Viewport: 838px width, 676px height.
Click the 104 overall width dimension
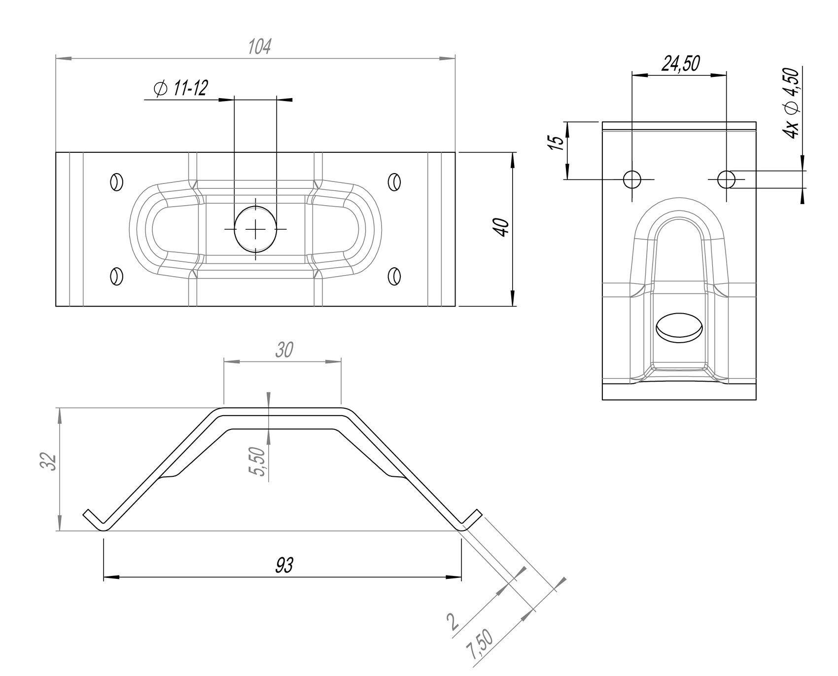point(259,47)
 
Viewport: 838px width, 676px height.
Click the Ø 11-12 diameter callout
point(181,89)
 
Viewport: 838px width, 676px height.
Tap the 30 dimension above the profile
point(284,350)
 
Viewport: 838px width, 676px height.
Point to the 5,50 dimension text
point(258,462)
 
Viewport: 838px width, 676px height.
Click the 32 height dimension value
point(49,462)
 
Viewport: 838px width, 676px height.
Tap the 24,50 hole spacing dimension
point(680,64)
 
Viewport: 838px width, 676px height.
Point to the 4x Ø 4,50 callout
point(790,104)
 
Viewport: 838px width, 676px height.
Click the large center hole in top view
point(255,229)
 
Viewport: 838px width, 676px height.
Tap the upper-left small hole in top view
point(116,181)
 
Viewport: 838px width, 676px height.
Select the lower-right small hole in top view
point(394,276)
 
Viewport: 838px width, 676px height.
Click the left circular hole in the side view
point(632,179)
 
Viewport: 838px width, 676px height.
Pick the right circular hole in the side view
point(726,179)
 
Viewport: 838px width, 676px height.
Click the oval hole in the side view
point(679,327)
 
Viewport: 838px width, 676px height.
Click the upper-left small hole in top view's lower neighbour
point(116,276)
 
